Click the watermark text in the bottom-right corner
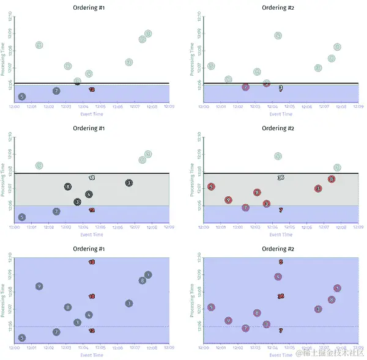point(330,353)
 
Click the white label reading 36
point(281,178)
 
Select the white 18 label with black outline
point(92,178)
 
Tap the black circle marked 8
point(68,186)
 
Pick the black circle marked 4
point(89,194)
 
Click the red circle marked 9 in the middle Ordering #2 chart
point(228,200)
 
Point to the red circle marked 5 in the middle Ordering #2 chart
point(211,186)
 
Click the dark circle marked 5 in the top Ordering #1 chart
point(22,97)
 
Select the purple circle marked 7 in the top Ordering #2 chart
point(245,87)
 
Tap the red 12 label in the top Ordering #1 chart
point(92,90)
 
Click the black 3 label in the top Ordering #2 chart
point(281,88)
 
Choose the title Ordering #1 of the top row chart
point(89,8)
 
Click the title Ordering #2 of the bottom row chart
point(278,249)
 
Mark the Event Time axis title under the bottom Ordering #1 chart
point(89,354)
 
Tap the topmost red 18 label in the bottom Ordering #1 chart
point(92,262)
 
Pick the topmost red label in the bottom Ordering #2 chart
point(281,262)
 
